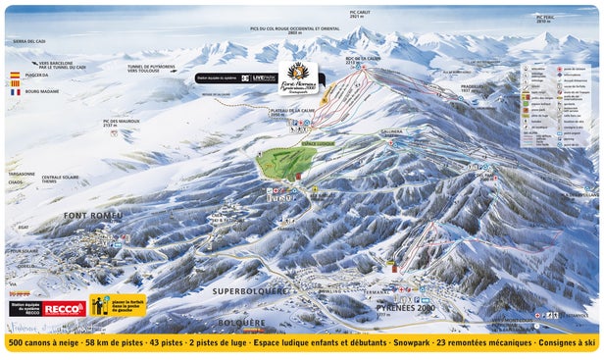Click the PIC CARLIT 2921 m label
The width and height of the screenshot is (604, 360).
tap(360, 15)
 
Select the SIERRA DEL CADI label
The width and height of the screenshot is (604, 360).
tap(28, 41)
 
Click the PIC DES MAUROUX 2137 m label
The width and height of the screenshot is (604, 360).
tap(122, 123)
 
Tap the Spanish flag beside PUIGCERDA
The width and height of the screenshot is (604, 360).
tap(14, 75)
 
